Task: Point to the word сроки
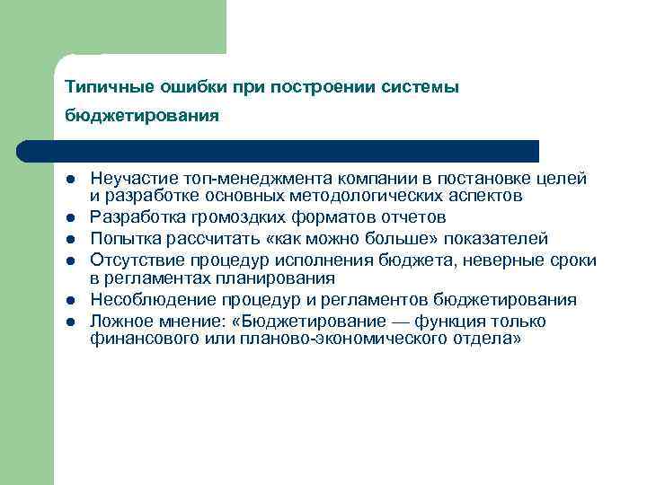pyautogui.click(x=572, y=260)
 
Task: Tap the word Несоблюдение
pyautogui.click(x=144, y=300)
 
